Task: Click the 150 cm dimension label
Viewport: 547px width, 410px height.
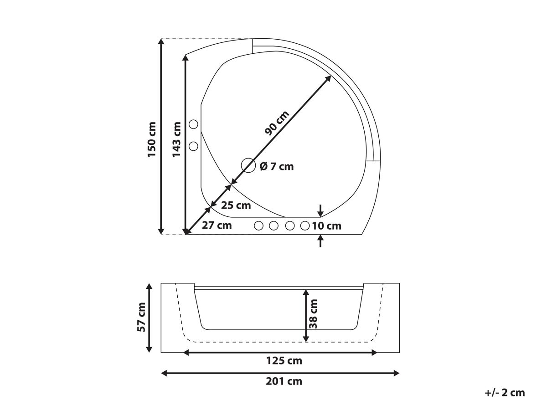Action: pyautogui.click(x=152, y=139)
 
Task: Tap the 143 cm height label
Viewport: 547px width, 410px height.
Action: pyautogui.click(x=176, y=139)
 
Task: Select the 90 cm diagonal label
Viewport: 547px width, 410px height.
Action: pyautogui.click(x=277, y=123)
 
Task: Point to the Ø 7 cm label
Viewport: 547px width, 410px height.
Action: pyautogui.click(x=277, y=166)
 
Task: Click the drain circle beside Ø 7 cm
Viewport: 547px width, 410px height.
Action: pyautogui.click(x=248, y=165)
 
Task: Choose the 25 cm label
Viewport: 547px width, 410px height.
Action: pyautogui.click(x=236, y=205)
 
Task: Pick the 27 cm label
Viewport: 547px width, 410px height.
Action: pyautogui.click(x=217, y=225)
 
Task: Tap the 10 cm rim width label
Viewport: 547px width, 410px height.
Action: pyautogui.click(x=326, y=226)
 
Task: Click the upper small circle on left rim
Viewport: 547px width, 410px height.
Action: pyautogui.click(x=193, y=124)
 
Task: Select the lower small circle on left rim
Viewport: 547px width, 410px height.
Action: pyautogui.click(x=193, y=146)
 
